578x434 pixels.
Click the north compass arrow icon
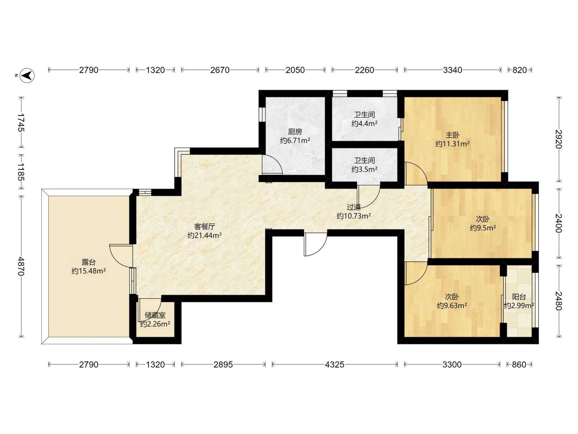[x=27, y=75]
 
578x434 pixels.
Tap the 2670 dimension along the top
[x=220, y=70]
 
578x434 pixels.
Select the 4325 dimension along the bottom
[x=334, y=365]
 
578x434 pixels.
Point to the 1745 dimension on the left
[x=21, y=122]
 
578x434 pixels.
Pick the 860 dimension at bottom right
[x=519, y=365]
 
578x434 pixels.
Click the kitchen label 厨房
[x=295, y=132]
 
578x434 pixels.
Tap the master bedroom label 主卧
[x=452, y=135]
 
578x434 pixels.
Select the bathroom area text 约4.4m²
[x=365, y=124]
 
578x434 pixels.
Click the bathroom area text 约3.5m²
[x=365, y=169]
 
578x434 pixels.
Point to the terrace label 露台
[x=89, y=262]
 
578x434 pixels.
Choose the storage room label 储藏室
[x=155, y=316]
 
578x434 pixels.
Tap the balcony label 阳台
[x=519, y=297]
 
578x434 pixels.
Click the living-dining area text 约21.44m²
[x=205, y=235]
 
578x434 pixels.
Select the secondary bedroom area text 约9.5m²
[x=483, y=228]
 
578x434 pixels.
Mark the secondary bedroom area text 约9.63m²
[x=452, y=306]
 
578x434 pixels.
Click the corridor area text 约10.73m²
[x=354, y=216]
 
